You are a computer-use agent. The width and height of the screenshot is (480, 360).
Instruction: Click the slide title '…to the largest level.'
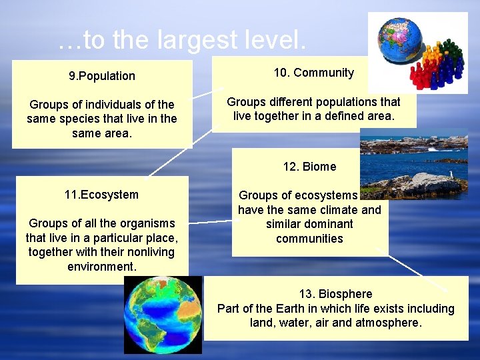point(182,41)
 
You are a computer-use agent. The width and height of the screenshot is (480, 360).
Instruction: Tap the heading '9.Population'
point(102,76)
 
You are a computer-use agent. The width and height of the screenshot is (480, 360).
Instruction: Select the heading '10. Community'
point(314,73)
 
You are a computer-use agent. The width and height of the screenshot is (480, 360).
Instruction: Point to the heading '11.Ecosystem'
point(101,195)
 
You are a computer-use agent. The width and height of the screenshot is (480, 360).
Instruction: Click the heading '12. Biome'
point(309,167)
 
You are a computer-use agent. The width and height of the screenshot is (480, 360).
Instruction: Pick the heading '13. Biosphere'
point(335,294)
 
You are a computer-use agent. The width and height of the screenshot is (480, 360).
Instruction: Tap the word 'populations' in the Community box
point(345,102)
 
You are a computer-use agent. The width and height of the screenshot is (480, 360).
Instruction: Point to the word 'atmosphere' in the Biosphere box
point(389,323)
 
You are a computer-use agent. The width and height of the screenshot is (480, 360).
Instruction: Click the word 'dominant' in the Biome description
point(326,224)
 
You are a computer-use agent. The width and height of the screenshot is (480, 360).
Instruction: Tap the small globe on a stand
point(398,39)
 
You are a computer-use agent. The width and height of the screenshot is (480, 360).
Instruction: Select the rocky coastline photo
point(413,163)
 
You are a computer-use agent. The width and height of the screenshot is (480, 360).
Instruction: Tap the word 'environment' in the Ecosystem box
point(101,267)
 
